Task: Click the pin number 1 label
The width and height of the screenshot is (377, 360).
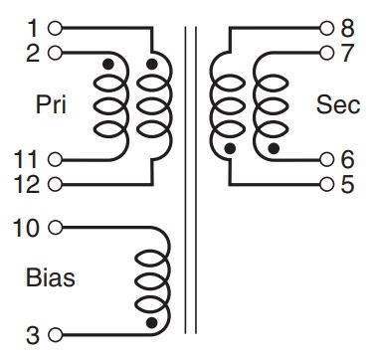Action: pyautogui.click(x=33, y=26)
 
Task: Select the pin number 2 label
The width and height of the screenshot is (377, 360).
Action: pyautogui.click(x=33, y=50)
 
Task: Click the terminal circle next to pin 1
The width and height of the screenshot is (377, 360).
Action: pyautogui.click(x=53, y=26)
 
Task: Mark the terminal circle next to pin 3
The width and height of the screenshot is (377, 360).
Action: pyautogui.click(x=53, y=333)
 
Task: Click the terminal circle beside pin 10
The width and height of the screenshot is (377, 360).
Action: pyautogui.click(x=53, y=228)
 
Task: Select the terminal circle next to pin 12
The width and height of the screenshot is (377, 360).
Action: pyautogui.click(x=53, y=183)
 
